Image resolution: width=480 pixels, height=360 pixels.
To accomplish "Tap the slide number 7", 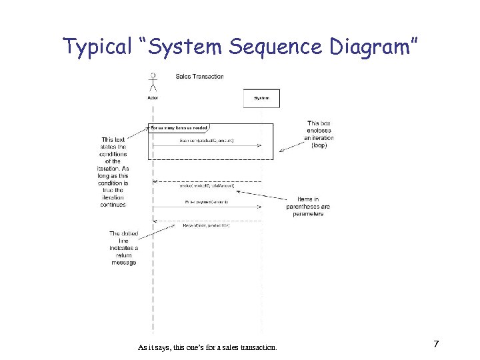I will coord(435,344).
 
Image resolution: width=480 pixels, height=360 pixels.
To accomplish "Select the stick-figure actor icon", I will coord(153,82).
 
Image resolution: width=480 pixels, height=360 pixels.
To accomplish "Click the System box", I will coord(261,98).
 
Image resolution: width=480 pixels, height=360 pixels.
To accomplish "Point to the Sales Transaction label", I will coord(199,77).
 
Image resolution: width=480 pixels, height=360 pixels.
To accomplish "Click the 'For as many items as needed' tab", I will coord(179,127).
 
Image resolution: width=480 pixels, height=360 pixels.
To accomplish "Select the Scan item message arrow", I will coord(207,145).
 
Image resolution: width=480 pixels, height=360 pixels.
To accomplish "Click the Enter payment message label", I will coord(207,201).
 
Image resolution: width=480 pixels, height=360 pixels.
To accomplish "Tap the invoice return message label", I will coord(206,186).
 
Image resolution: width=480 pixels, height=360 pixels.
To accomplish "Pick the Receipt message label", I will coord(207,225).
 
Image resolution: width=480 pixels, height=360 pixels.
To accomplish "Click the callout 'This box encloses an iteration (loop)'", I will coord(319,134).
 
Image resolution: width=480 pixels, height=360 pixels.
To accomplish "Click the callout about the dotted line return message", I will coord(123,248).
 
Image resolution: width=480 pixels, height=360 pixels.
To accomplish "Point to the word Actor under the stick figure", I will coord(153,98).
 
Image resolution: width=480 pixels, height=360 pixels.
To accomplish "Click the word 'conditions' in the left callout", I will coord(113,154).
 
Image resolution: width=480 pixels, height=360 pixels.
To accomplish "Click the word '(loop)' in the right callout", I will coord(319,145).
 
